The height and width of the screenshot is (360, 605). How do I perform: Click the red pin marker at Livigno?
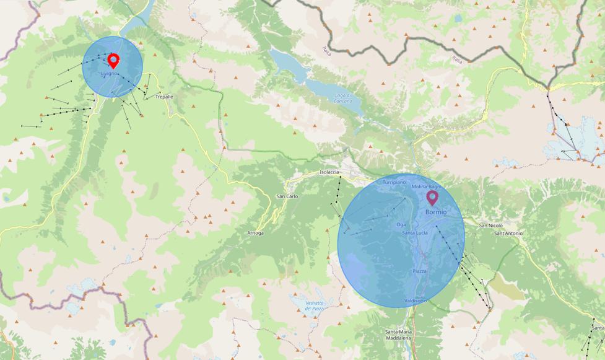[113, 60]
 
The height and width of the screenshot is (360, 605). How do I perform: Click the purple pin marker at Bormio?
[432, 198]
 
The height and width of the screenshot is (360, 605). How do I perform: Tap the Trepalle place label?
[164, 97]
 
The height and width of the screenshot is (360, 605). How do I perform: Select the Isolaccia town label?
[329, 172]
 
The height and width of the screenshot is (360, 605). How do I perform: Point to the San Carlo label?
[287, 196]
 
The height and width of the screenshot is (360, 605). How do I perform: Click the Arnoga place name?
[255, 233]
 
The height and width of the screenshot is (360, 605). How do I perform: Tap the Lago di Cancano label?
[342, 98]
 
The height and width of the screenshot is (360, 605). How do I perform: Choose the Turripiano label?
[394, 183]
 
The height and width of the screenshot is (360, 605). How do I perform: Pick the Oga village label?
[401, 224]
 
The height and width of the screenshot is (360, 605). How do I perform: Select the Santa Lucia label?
[415, 232]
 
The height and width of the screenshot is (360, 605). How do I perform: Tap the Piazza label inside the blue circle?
[419, 271]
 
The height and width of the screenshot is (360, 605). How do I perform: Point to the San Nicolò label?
[491, 226]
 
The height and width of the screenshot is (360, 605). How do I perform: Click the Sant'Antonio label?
[509, 233]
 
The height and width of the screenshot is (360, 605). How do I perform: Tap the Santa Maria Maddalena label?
[398, 335]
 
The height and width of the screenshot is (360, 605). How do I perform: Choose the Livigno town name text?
[109, 74]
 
